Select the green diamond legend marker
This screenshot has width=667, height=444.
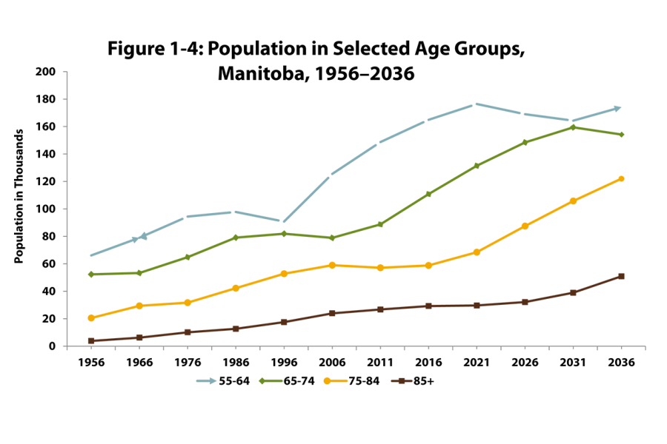coord(262,381)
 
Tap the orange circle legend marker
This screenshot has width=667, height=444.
coord(327,381)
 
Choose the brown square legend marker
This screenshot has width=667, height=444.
coord(401,381)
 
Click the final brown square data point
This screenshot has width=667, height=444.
coord(621,276)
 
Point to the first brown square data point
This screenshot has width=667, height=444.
coord(91,341)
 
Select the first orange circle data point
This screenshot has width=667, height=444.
coord(91,318)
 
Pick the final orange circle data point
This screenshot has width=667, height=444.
coord(621,178)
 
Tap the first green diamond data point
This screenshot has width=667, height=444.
coord(91,275)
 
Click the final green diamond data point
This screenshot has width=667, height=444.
coord(621,134)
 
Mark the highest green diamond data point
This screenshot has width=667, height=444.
coord(573,127)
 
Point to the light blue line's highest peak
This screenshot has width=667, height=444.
coord(477,104)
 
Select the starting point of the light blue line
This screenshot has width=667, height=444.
coord(91,255)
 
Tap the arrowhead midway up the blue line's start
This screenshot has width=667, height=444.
coord(142,237)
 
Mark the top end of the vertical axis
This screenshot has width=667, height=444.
coord(67,72)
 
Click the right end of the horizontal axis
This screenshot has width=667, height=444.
coord(645,346)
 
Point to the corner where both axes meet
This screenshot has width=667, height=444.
coord(67,346)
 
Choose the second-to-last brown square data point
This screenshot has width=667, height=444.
coord(573,293)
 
